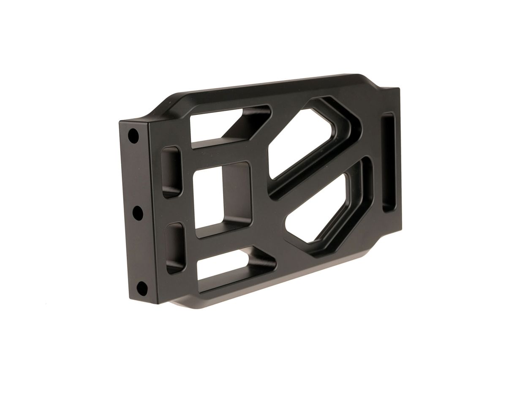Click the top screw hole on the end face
[133, 136]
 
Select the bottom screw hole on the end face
[142, 289]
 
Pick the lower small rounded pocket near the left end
[175, 247]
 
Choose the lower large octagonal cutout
[325, 211]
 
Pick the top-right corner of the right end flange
[399, 89]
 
